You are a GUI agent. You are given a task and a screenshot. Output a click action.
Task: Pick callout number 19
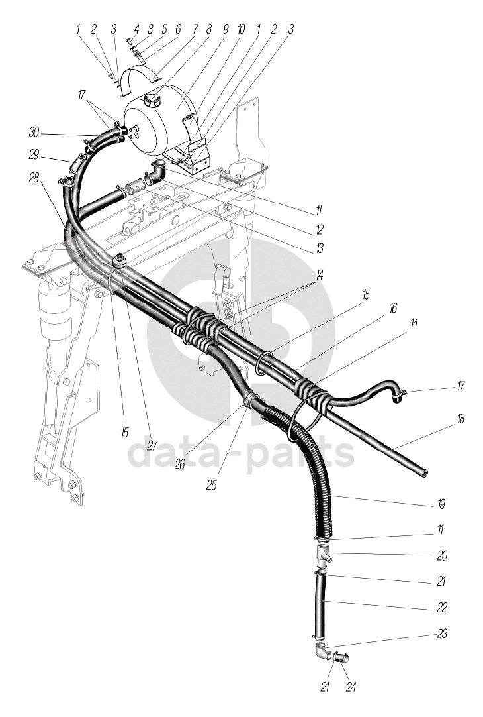441,505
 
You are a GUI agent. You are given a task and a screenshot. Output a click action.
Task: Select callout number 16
393,309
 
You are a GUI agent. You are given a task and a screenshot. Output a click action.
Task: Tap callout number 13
319,250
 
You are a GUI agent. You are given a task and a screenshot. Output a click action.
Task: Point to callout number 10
240,29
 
